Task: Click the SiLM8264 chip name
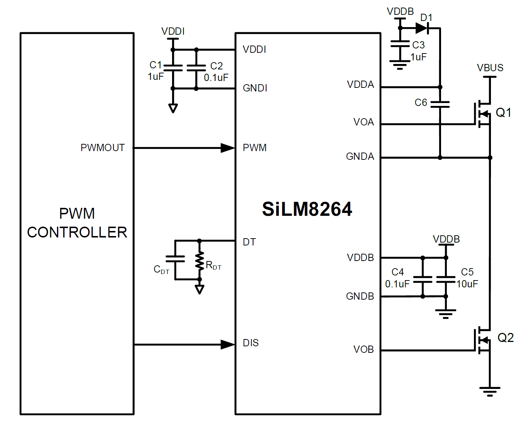307,209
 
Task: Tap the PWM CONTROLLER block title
77,223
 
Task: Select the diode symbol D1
422,28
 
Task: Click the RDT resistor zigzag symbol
199,261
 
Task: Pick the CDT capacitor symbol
175,258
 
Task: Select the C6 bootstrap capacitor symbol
440,104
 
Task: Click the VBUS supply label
490,68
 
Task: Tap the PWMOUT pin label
102,148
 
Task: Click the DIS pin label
251,343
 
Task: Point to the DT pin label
249,242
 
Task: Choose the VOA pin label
363,122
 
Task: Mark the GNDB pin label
360,296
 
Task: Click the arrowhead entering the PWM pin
228,148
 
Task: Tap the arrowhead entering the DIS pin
228,344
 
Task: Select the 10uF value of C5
467,284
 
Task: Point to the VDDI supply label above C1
173,31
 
